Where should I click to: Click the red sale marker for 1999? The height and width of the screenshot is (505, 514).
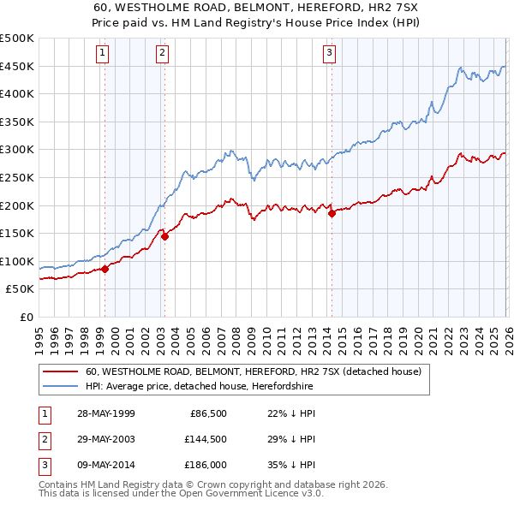pyautogui.click(x=105, y=269)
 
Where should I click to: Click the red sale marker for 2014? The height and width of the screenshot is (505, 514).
pyautogui.click(x=332, y=214)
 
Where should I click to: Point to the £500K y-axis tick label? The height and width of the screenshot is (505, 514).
pyautogui.click(x=17, y=39)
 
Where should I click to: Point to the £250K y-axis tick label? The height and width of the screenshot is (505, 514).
pyautogui.click(x=17, y=177)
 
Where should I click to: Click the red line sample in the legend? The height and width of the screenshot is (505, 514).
pyautogui.click(x=60, y=372)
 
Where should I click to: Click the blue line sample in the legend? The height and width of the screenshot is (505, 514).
pyautogui.click(x=60, y=387)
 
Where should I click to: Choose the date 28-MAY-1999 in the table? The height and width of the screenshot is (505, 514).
pyautogui.click(x=105, y=413)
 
